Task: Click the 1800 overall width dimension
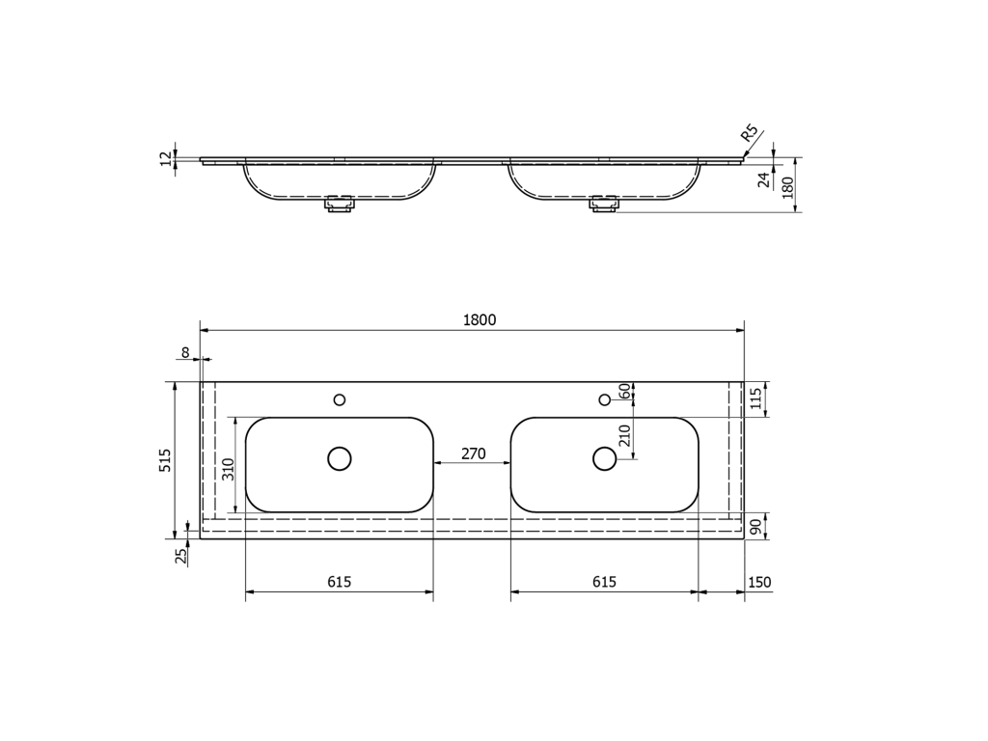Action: tap(480, 320)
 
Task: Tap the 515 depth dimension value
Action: tap(165, 460)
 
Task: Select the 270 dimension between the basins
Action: tap(473, 453)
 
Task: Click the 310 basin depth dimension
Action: tap(229, 469)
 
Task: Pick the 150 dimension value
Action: tap(759, 582)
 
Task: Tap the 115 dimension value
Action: tap(756, 398)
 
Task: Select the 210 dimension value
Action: tap(625, 435)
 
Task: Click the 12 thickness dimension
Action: tap(166, 159)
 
